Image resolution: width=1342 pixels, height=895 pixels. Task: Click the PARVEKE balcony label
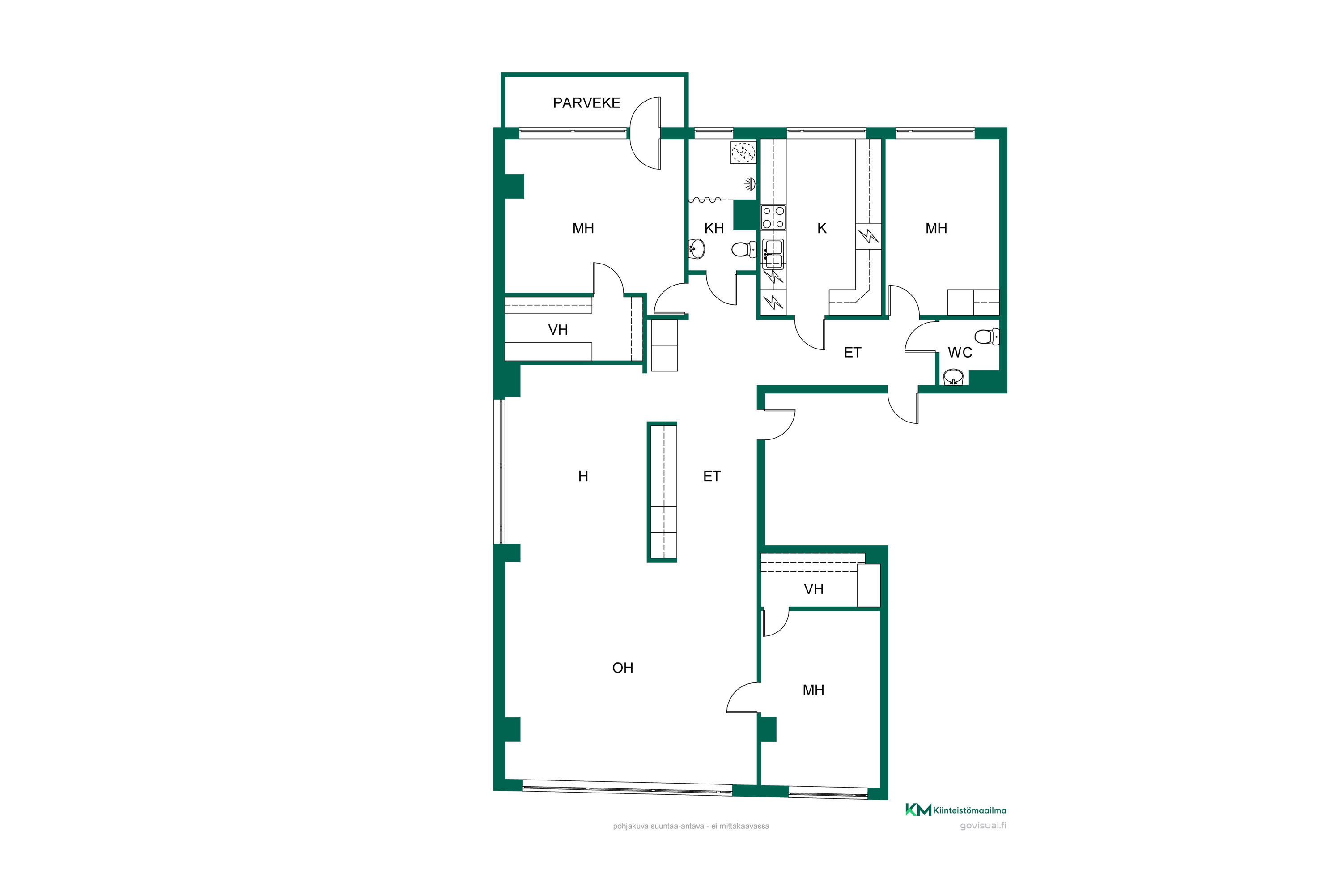click(x=586, y=103)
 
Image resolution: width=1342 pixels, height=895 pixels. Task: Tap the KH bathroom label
click(x=714, y=228)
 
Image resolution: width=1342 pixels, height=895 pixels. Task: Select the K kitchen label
click(x=822, y=228)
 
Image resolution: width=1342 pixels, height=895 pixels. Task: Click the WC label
click(x=960, y=353)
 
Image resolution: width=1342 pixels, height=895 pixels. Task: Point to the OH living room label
click(x=623, y=668)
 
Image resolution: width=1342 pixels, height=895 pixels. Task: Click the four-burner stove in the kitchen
click(x=773, y=217)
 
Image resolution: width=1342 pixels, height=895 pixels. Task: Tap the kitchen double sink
click(x=773, y=254)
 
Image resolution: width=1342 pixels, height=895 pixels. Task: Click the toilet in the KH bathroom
click(x=743, y=249)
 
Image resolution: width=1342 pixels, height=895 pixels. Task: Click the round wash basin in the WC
click(x=953, y=377)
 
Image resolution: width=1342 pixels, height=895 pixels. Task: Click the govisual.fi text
click(x=983, y=825)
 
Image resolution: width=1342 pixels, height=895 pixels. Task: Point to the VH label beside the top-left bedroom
click(x=557, y=330)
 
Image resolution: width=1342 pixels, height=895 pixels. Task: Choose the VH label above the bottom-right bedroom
click(x=813, y=589)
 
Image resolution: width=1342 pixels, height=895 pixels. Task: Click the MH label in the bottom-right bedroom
click(x=813, y=690)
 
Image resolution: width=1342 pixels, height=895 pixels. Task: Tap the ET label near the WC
click(x=853, y=353)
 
